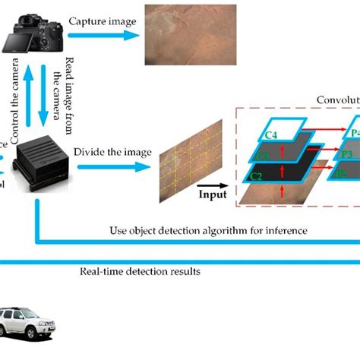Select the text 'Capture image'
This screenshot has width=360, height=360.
103,21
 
